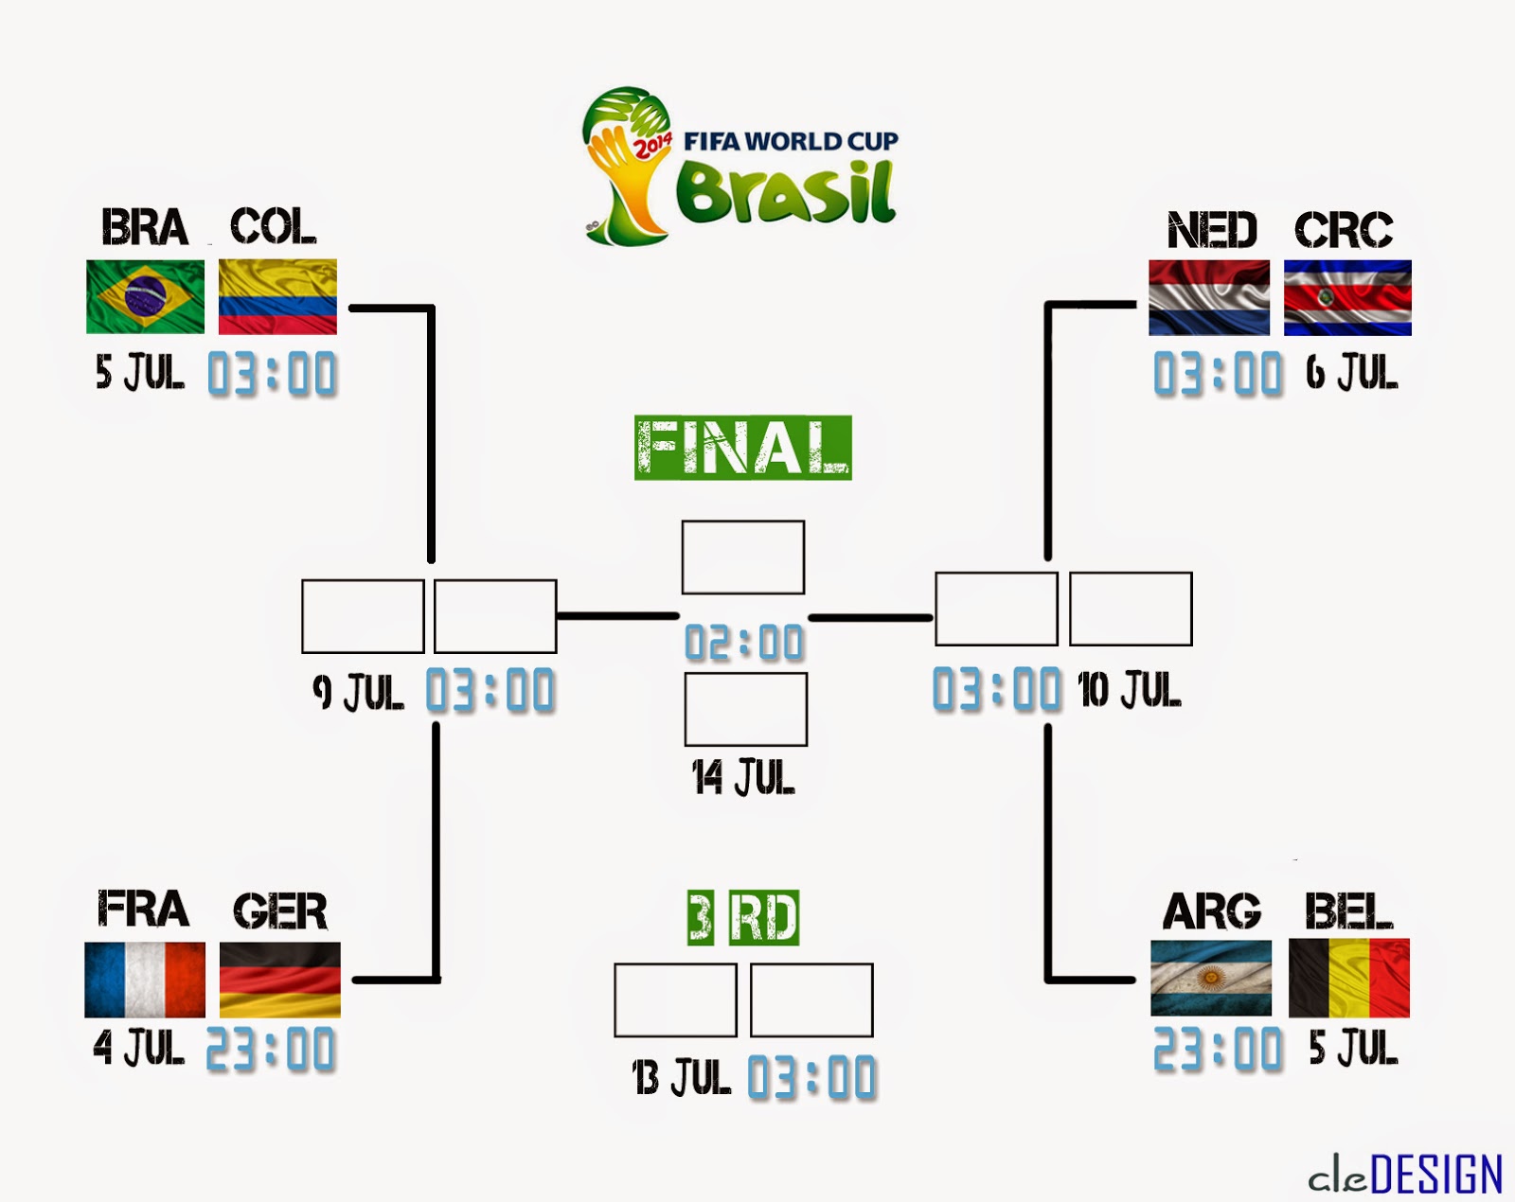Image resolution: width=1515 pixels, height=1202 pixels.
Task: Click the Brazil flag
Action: pos(145,296)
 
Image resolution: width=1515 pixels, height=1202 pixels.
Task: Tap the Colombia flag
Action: pos(277,296)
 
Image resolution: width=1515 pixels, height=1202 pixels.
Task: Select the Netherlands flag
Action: pos(1209,297)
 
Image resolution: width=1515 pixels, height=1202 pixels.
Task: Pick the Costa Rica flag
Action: pos(1347,297)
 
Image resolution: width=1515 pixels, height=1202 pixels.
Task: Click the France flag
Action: pos(145,980)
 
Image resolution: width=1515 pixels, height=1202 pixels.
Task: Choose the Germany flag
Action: pos(279,980)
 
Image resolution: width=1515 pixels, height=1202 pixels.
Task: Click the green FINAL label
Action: pos(742,448)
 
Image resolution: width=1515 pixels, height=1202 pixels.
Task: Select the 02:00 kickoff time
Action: pos(744,644)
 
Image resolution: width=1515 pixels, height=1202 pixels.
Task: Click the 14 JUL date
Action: pos(743,778)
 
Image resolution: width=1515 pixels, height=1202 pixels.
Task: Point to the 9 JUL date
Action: pos(358,692)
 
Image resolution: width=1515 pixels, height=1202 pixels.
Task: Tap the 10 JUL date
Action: pos(1130,690)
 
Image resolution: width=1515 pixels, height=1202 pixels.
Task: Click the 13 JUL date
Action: pos(682,1077)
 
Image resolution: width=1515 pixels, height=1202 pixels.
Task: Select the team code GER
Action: pos(279,911)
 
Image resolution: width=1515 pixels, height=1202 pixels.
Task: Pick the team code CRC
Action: pos(1344,230)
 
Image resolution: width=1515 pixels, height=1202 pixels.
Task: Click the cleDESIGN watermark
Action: pos(1405,1175)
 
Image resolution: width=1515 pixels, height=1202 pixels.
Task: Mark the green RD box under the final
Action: pos(764,917)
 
